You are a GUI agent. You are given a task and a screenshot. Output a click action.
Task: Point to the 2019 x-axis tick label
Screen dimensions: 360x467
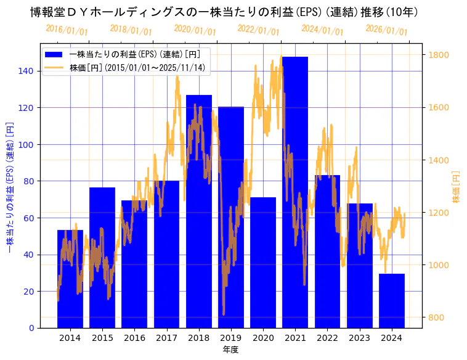231,338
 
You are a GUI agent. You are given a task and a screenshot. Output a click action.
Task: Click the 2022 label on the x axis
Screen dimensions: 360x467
327,338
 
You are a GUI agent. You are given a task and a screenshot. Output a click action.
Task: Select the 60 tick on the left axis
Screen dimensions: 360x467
28,218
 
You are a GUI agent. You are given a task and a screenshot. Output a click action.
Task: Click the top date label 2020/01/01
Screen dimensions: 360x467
195,30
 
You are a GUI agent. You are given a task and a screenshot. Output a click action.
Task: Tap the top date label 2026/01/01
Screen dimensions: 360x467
386,30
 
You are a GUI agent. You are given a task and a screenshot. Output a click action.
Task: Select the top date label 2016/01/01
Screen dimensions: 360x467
67,30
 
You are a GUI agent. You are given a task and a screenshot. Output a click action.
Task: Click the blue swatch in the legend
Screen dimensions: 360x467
57,54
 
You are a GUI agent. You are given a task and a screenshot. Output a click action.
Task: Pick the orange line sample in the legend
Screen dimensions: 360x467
57,67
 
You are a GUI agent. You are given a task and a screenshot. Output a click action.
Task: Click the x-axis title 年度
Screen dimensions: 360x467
231,350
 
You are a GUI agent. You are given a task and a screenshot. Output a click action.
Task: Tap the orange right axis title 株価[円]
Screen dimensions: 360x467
457,187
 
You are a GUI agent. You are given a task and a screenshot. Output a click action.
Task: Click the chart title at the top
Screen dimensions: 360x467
224,12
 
